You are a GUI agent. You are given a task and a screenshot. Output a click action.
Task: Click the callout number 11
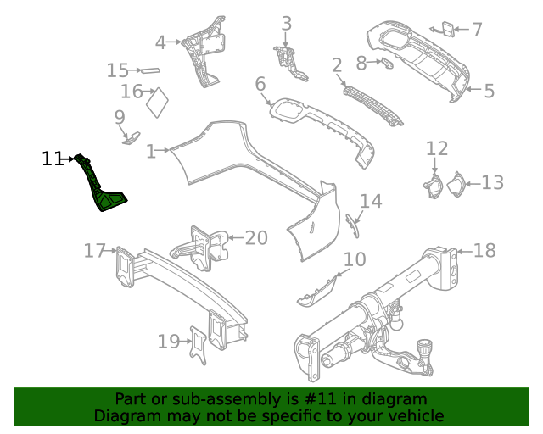53,159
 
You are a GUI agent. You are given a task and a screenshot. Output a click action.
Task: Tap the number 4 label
160,42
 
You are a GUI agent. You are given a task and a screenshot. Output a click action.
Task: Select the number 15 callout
117,70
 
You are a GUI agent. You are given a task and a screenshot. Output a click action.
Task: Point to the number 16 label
132,92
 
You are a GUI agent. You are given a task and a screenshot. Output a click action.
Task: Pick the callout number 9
120,117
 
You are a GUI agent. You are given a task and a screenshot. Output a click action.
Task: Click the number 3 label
287,24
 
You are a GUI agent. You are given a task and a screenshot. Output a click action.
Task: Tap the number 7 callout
477,30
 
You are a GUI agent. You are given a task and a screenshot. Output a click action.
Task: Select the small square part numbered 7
445,30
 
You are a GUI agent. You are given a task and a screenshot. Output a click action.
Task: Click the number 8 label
361,62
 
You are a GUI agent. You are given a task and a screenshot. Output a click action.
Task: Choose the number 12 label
436,149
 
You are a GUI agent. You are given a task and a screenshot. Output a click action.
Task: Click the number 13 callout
493,182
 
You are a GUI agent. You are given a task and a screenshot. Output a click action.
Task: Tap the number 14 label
371,202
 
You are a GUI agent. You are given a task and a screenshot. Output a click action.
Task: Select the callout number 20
256,238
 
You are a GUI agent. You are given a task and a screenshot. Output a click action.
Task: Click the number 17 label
94,250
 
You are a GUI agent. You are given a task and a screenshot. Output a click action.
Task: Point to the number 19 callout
169,342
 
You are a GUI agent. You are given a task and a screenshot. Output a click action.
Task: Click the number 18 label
484,251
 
